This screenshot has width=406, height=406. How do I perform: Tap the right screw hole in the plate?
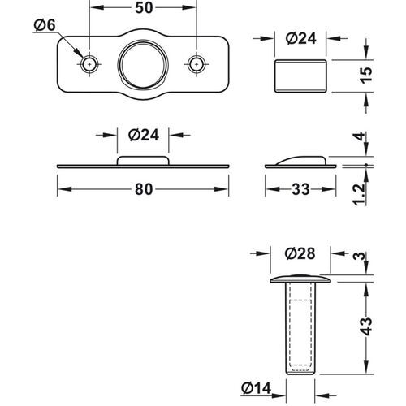tap(196, 63)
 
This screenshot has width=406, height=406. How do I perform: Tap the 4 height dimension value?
tap(366, 139)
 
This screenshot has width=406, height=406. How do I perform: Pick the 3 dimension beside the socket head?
tap(366, 257)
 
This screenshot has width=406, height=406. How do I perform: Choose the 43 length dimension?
tap(366, 326)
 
